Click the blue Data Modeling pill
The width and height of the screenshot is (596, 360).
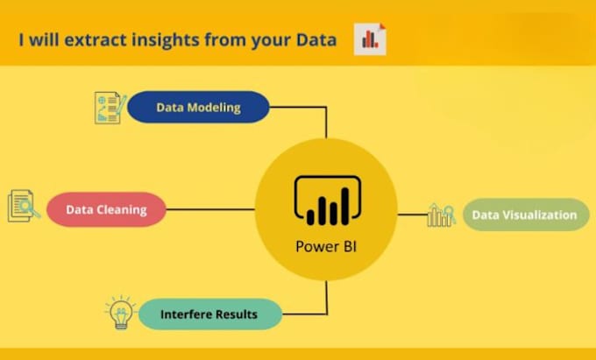(x=197, y=107)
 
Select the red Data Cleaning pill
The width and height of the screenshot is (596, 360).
(x=105, y=210)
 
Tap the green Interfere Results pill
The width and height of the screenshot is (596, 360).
(x=209, y=314)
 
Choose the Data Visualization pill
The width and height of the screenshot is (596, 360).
(x=525, y=215)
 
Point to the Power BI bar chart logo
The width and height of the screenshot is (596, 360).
(x=327, y=201)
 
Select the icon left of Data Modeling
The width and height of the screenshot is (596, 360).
(x=110, y=107)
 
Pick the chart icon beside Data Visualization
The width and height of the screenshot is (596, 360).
(x=440, y=215)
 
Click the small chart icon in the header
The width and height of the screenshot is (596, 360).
(x=370, y=39)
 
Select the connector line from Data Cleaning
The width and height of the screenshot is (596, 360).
(x=210, y=210)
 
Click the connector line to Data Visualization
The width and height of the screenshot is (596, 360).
(x=412, y=215)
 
